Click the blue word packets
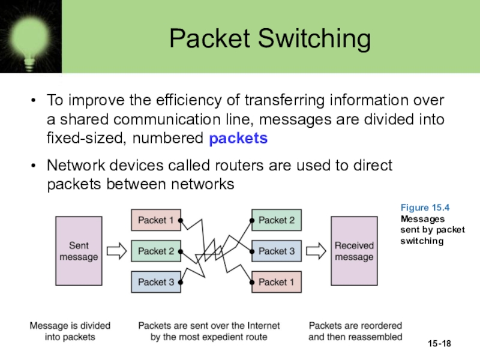238,139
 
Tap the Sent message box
79,251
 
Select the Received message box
354,251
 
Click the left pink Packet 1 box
156,220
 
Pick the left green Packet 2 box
156,251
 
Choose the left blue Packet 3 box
156,282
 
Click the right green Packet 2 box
277,220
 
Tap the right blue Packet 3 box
277,251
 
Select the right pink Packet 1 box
277,282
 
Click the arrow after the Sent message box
116,251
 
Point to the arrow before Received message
316,251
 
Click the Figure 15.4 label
425,208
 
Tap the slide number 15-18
439,343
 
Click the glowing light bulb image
31,37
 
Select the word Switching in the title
314,39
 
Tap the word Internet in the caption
263,326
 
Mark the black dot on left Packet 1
181,220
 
